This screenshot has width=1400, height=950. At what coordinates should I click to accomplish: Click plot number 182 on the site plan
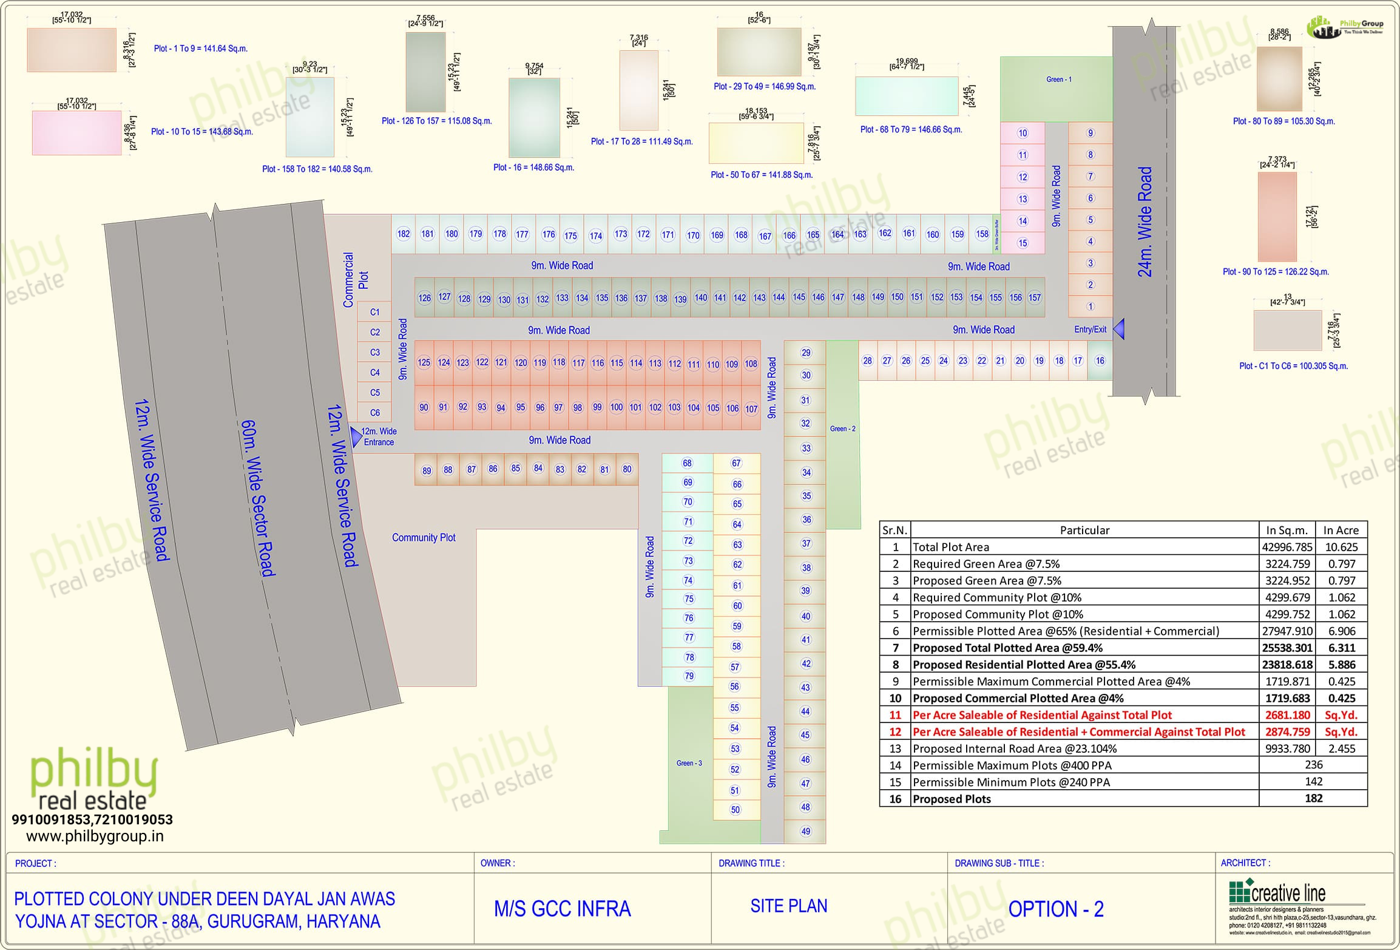point(404,234)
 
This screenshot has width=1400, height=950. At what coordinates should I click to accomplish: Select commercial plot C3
point(375,352)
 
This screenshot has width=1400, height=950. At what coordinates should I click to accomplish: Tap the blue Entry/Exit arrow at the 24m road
point(1118,329)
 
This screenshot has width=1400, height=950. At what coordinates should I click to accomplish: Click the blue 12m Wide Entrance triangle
point(356,436)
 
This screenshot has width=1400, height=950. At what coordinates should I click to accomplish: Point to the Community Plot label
point(424,537)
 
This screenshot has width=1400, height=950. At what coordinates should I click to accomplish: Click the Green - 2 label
point(843,429)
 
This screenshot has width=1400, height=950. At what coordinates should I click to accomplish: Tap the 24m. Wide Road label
point(1145,222)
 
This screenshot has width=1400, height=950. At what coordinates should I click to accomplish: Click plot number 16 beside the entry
point(1100,361)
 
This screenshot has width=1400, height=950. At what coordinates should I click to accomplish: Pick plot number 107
point(751,409)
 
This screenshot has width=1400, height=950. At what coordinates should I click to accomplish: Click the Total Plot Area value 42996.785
point(1287,547)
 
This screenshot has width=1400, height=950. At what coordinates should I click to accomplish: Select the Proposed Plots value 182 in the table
point(1313,798)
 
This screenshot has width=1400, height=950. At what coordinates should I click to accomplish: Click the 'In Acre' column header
point(1341,530)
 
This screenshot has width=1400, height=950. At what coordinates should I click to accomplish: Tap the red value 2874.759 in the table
point(1287,731)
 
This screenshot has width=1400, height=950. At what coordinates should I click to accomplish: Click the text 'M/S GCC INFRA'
point(563,909)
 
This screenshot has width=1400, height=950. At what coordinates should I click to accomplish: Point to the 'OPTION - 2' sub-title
point(1056,909)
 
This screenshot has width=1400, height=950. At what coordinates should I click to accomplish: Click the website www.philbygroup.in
point(95,836)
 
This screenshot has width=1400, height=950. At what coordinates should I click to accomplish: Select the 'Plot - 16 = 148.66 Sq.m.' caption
point(533,168)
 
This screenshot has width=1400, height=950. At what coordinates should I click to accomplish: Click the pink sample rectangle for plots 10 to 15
point(77,133)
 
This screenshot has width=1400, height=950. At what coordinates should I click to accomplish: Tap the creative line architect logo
point(1277,893)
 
